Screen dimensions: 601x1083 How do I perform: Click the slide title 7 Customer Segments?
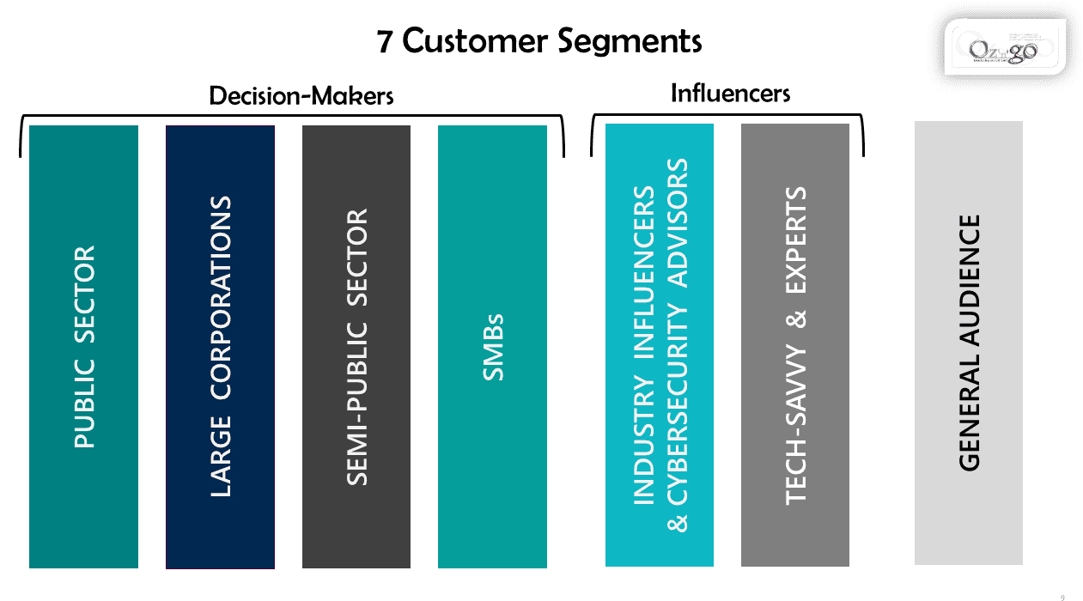(539, 41)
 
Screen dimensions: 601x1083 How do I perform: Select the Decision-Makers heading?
(301, 95)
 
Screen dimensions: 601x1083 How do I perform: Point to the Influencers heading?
(730, 93)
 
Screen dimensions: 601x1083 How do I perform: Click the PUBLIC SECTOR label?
(84, 347)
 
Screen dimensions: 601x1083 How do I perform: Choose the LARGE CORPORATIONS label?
(221, 347)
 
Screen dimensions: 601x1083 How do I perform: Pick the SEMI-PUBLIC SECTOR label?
(356, 347)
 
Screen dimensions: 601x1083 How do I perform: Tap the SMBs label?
(493, 347)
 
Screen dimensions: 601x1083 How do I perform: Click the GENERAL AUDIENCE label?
(969, 343)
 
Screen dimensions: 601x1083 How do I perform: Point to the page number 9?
(1062, 597)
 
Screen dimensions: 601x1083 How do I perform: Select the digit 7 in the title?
(386, 41)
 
